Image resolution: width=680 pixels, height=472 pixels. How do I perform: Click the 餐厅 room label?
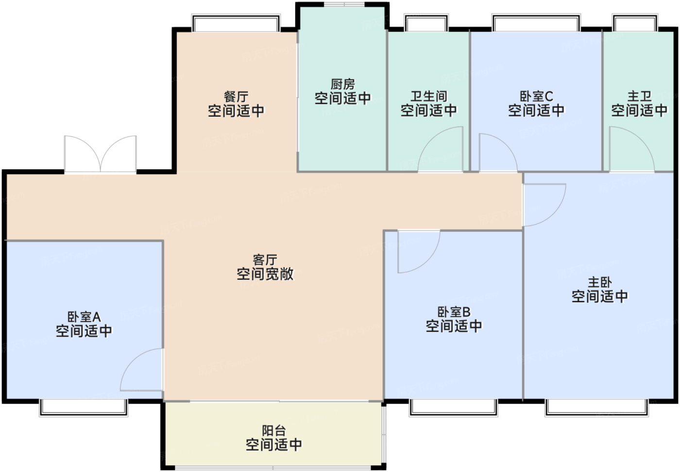[x=236, y=97]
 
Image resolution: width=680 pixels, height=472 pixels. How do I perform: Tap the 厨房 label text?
[x=343, y=84]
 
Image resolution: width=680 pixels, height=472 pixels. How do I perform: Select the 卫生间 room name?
[x=428, y=97]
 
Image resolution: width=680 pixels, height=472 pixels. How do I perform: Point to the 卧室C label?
[x=536, y=97]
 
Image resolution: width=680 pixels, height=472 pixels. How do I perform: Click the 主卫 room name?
[x=639, y=97]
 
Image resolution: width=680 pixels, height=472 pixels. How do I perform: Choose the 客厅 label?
[x=265, y=260]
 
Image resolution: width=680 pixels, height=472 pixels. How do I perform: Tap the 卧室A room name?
[x=84, y=317]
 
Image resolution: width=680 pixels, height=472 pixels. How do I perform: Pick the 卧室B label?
[x=454, y=312]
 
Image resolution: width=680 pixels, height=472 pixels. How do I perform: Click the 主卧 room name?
[x=599, y=282]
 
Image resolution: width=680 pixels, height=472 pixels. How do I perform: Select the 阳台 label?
[x=274, y=430]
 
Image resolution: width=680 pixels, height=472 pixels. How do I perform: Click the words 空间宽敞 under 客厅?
[x=265, y=274]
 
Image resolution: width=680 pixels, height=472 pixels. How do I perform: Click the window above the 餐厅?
[x=236, y=23]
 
